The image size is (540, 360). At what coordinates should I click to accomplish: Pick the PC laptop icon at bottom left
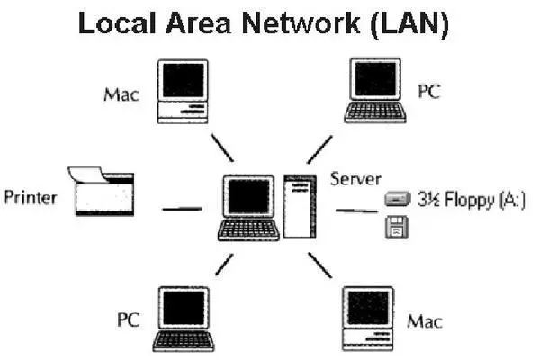tap(184, 319)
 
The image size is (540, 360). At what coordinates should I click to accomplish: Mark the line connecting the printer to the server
tap(182, 209)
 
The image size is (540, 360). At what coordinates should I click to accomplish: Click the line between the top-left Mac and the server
tap(221, 147)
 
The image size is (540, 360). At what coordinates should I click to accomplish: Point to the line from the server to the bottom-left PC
tap(224, 265)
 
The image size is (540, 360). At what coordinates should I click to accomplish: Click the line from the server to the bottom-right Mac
tap(320, 265)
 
